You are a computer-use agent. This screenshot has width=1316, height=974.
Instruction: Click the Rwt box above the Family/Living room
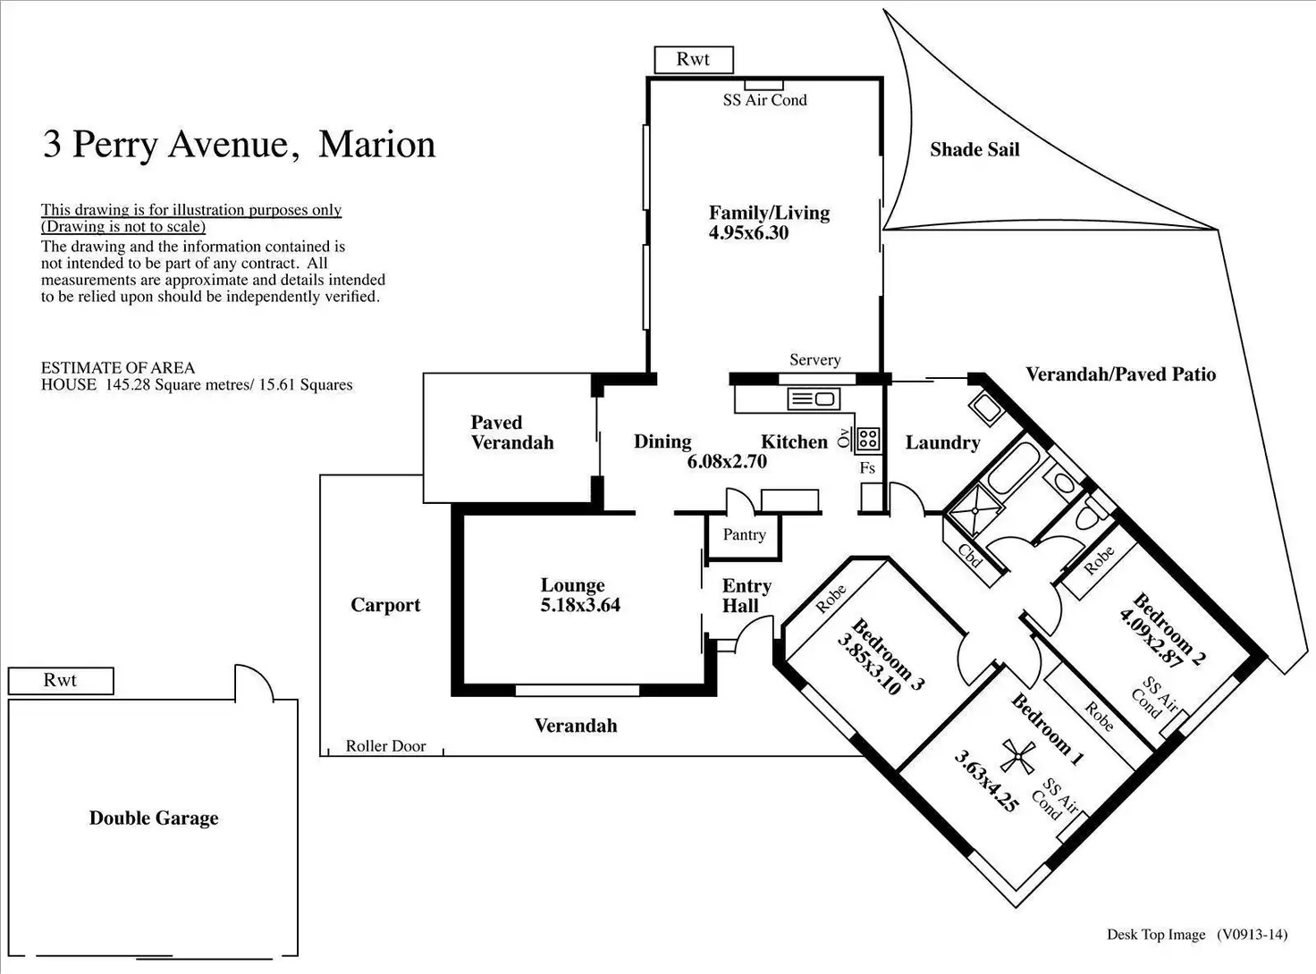694,60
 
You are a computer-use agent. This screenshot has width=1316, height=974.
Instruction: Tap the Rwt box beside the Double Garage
61,681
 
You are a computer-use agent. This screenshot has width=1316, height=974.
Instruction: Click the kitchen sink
813,399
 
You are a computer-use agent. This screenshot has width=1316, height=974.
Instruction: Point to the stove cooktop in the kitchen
867,439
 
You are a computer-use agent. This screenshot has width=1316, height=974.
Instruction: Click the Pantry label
744,534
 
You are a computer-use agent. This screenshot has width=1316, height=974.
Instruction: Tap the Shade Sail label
974,149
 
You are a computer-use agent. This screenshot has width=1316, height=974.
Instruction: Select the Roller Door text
385,746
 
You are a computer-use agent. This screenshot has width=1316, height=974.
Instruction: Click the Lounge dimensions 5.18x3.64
580,605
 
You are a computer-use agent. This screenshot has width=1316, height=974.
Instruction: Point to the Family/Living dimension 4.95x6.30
748,233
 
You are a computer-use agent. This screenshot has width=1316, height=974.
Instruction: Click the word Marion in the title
376,144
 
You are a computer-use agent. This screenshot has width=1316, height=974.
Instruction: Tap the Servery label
814,360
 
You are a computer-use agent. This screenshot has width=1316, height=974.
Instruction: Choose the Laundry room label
942,442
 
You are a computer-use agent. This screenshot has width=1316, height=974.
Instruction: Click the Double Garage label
154,818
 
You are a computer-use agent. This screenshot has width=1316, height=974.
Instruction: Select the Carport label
385,605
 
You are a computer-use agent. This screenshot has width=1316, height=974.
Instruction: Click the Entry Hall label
747,596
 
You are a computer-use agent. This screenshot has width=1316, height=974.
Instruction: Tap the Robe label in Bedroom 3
831,600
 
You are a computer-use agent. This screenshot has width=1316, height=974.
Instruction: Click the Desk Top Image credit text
1156,935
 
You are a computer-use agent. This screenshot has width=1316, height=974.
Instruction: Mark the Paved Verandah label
512,432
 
